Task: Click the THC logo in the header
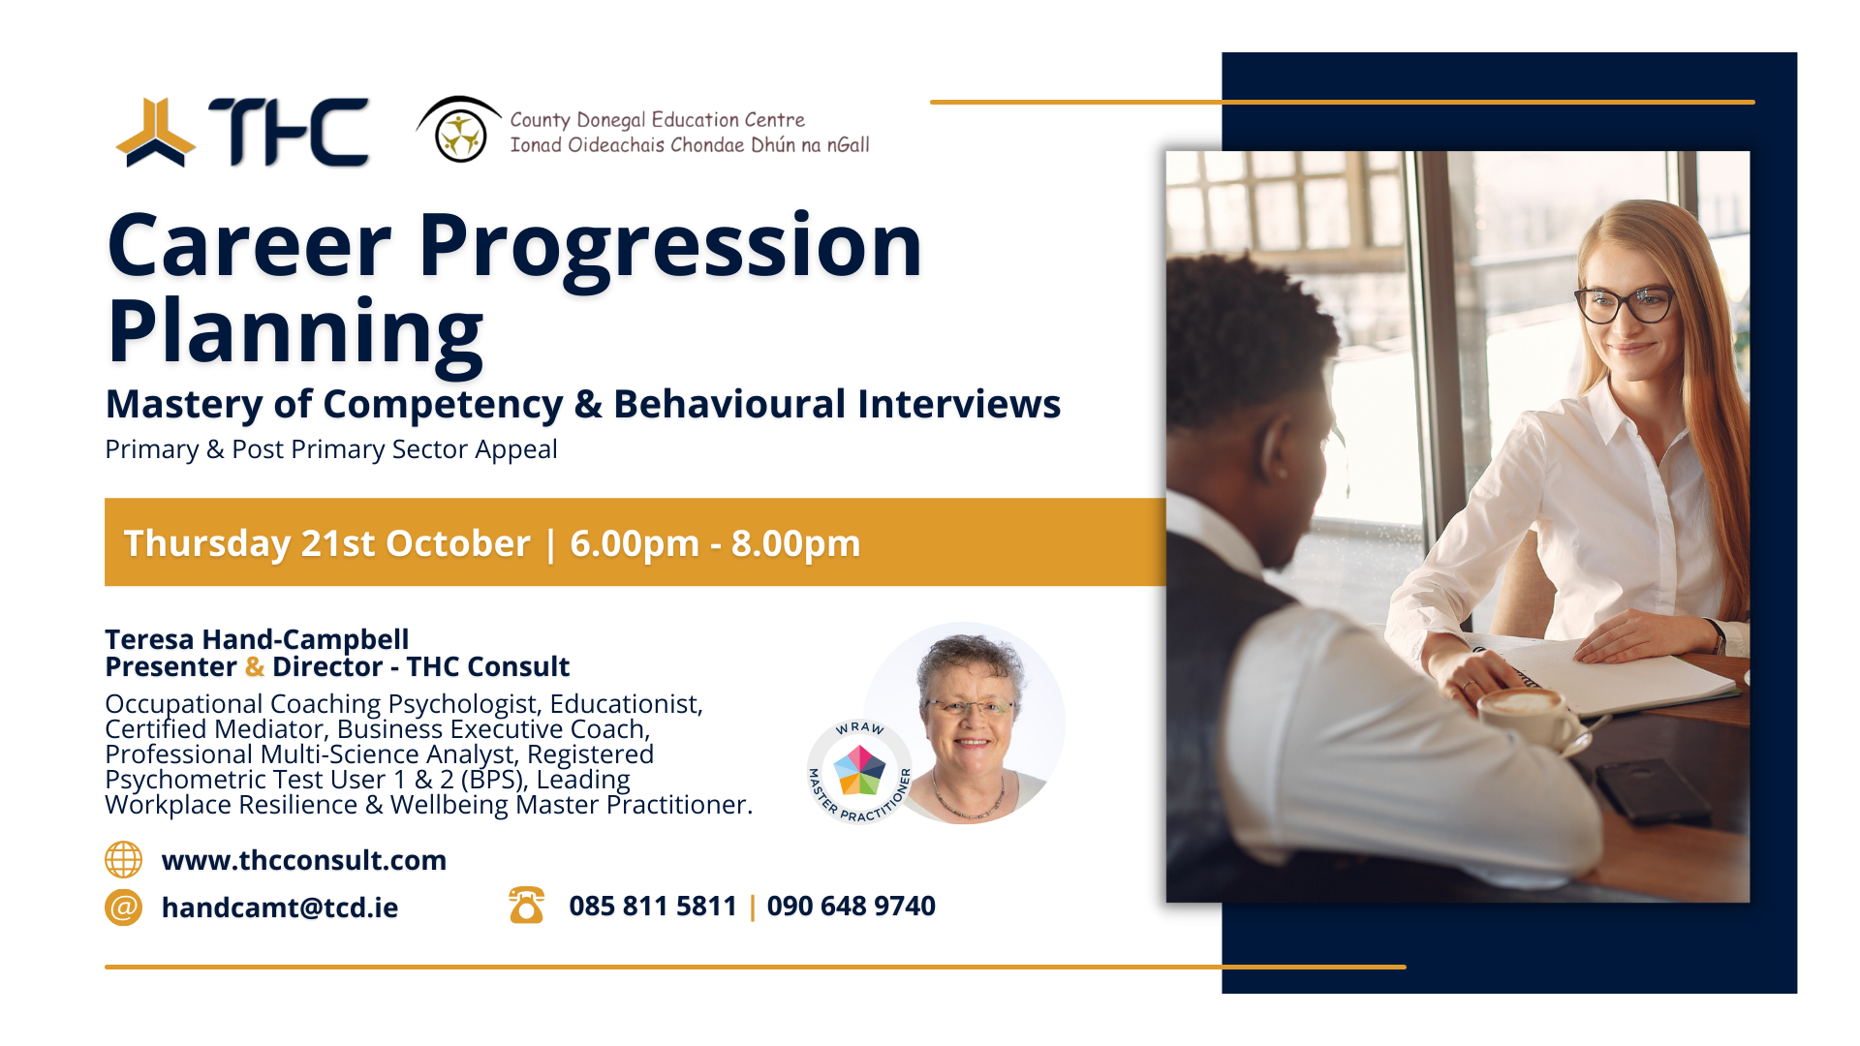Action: pyautogui.click(x=242, y=133)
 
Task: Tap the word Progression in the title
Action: pyautogui.click(x=669, y=247)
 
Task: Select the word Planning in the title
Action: pyautogui.click(x=295, y=332)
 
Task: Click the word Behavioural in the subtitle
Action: pyautogui.click(x=728, y=404)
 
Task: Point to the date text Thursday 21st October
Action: pyautogui.click(x=326, y=543)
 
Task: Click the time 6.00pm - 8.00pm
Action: pyautogui.click(x=715, y=543)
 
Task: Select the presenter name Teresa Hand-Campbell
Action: pyautogui.click(x=257, y=639)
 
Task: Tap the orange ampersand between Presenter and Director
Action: pyautogui.click(x=255, y=667)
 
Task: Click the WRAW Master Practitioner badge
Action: pyautogui.click(x=859, y=772)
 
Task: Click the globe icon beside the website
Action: pyautogui.click(x=123, y=860)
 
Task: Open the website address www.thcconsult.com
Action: pyautogui.click(x=304, y=860)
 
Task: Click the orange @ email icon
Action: pyautogui.click(x=123, y=908)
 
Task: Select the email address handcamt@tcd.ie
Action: pyautogui.click(x=280, y=908)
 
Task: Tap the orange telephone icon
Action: pyautogui.click(x=526, y=906)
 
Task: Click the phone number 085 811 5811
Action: pyautogui.click(x=653, y=907)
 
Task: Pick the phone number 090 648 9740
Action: pyautogui.click(x=851, y=907)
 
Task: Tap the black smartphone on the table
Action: pyautogui.click(x=1651, y=790)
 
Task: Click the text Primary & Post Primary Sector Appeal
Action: pyautogui.click(x=331, y=449)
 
